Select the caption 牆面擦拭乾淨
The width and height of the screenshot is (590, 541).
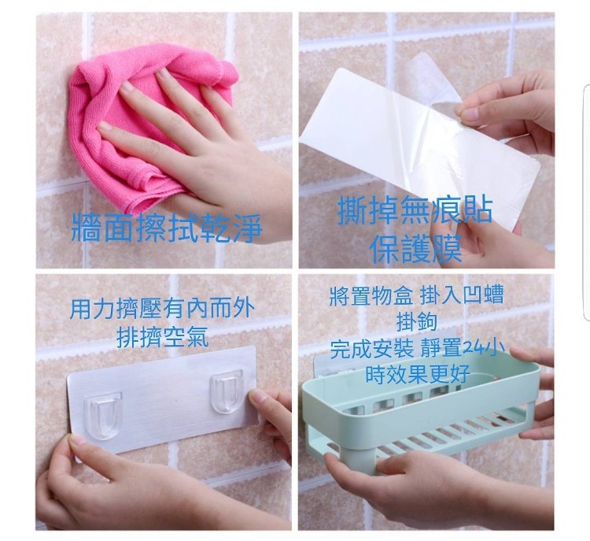coord(166,227)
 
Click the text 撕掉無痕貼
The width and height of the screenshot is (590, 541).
coord(415,210)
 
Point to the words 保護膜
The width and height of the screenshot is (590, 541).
coord(416,249)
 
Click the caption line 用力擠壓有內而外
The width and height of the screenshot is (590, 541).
coord(162,309)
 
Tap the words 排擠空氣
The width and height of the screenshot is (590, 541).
coord(163,337)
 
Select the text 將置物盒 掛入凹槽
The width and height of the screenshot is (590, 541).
coord(416,295)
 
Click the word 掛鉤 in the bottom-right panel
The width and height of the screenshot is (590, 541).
coord(416,322)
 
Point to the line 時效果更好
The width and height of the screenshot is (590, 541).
coord(418,374)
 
